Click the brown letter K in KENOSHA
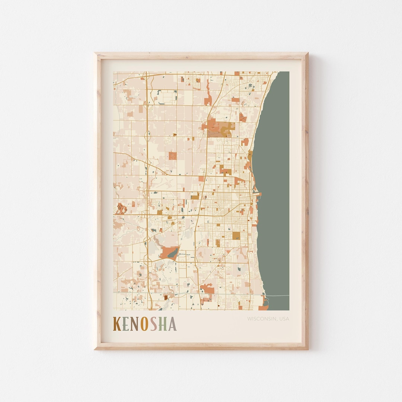click(x=117, y=324)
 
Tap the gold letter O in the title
click(x=144, y=324)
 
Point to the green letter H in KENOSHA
click(x=163, y=324)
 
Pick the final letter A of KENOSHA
click(x=172, y=324)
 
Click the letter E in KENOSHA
click(x=126, y=324)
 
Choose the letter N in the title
click(x=135, y=324)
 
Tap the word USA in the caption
click(x=284, y=319)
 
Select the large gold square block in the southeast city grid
click(x=236, y=236)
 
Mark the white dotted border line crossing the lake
click(x=277, y=296)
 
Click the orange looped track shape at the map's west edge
click(x=120, y=208)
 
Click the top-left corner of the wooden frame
click(x=96, y=54)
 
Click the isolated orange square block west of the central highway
click(x=172, y=156)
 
